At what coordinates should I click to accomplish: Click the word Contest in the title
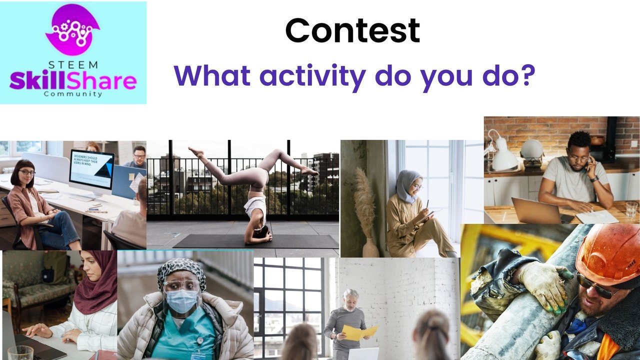(x=352, y=30)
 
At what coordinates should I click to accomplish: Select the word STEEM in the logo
(x=73, y=65)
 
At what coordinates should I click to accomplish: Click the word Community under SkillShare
(x=73, y=94)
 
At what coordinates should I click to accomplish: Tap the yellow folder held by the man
(x=359, y=332)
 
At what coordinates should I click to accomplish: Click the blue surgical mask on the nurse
(x=181, y=300)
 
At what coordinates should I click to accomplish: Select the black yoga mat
(x=255, y=241)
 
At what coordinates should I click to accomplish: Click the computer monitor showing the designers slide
(x=91, y=171)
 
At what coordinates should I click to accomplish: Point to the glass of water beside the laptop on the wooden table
(x=631, y=209)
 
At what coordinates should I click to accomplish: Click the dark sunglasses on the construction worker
(x=596, y=285)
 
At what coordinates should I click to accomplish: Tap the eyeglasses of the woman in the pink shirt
(x=27, y=172)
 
